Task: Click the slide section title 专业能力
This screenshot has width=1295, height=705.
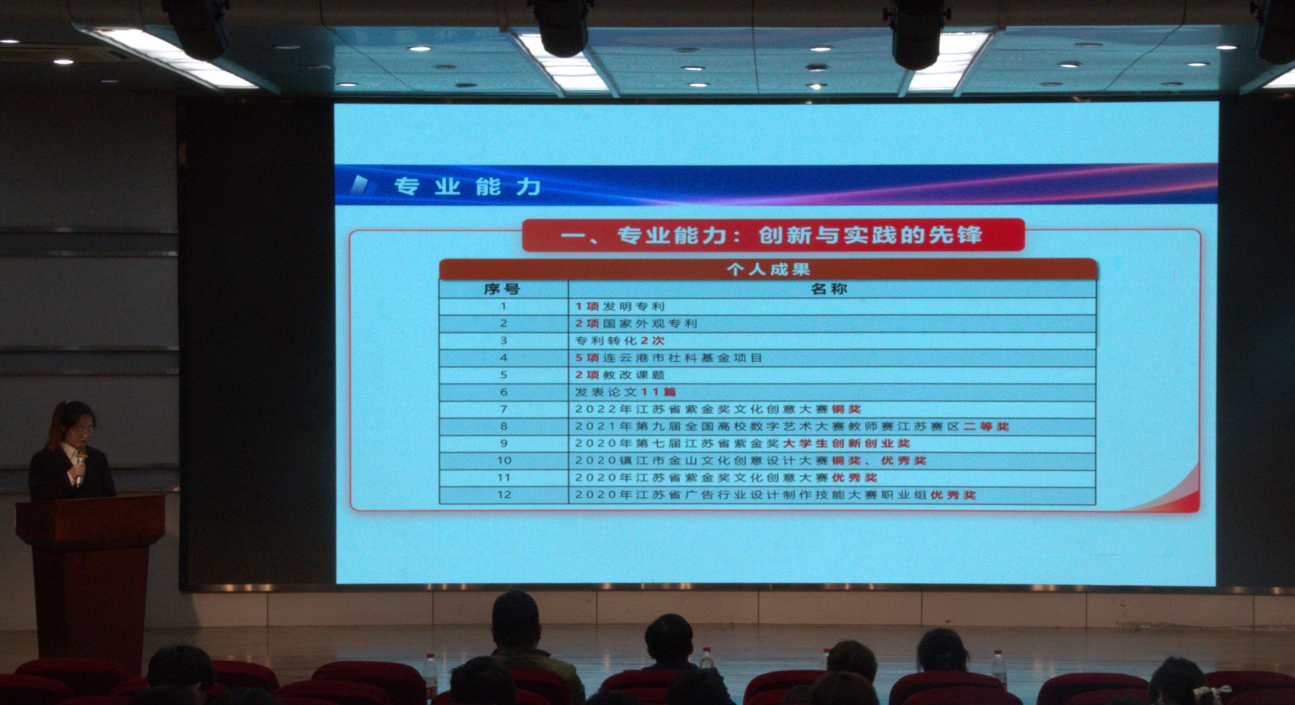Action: (x=467, y=187)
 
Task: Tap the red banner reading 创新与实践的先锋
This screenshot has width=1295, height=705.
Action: (x=773, y=235)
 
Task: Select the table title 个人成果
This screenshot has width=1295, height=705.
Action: (x=768, y=270)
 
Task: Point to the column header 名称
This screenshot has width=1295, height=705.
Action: (x=829, y=289)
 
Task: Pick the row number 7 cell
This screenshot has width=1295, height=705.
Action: (x=504, y=409)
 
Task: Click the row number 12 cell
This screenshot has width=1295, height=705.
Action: (x=504, y=494)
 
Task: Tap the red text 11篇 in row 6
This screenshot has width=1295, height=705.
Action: (x=659, y=392)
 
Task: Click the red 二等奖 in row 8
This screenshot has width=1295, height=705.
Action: (x=986, y=426)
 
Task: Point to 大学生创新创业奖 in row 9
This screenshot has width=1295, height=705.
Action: (x=847, y=443)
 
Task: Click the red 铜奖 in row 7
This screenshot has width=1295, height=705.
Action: (x=847, y=409)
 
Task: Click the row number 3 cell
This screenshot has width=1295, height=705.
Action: (x=504, y=340)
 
